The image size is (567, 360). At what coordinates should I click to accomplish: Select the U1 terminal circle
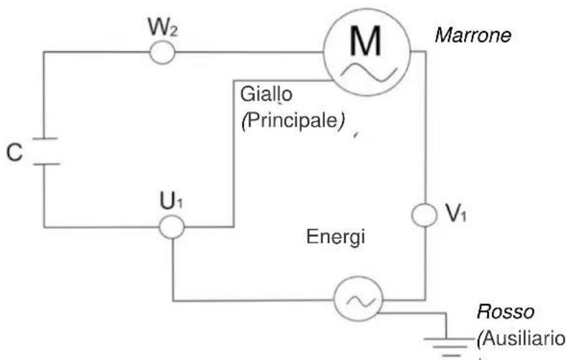coord(171,228)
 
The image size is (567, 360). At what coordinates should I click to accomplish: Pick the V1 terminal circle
coord(424,215)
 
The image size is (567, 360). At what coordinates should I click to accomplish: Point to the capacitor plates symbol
coord(44,152)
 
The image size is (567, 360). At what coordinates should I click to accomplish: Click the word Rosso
coord(505,313)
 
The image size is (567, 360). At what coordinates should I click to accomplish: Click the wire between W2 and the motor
coord(245,52)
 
